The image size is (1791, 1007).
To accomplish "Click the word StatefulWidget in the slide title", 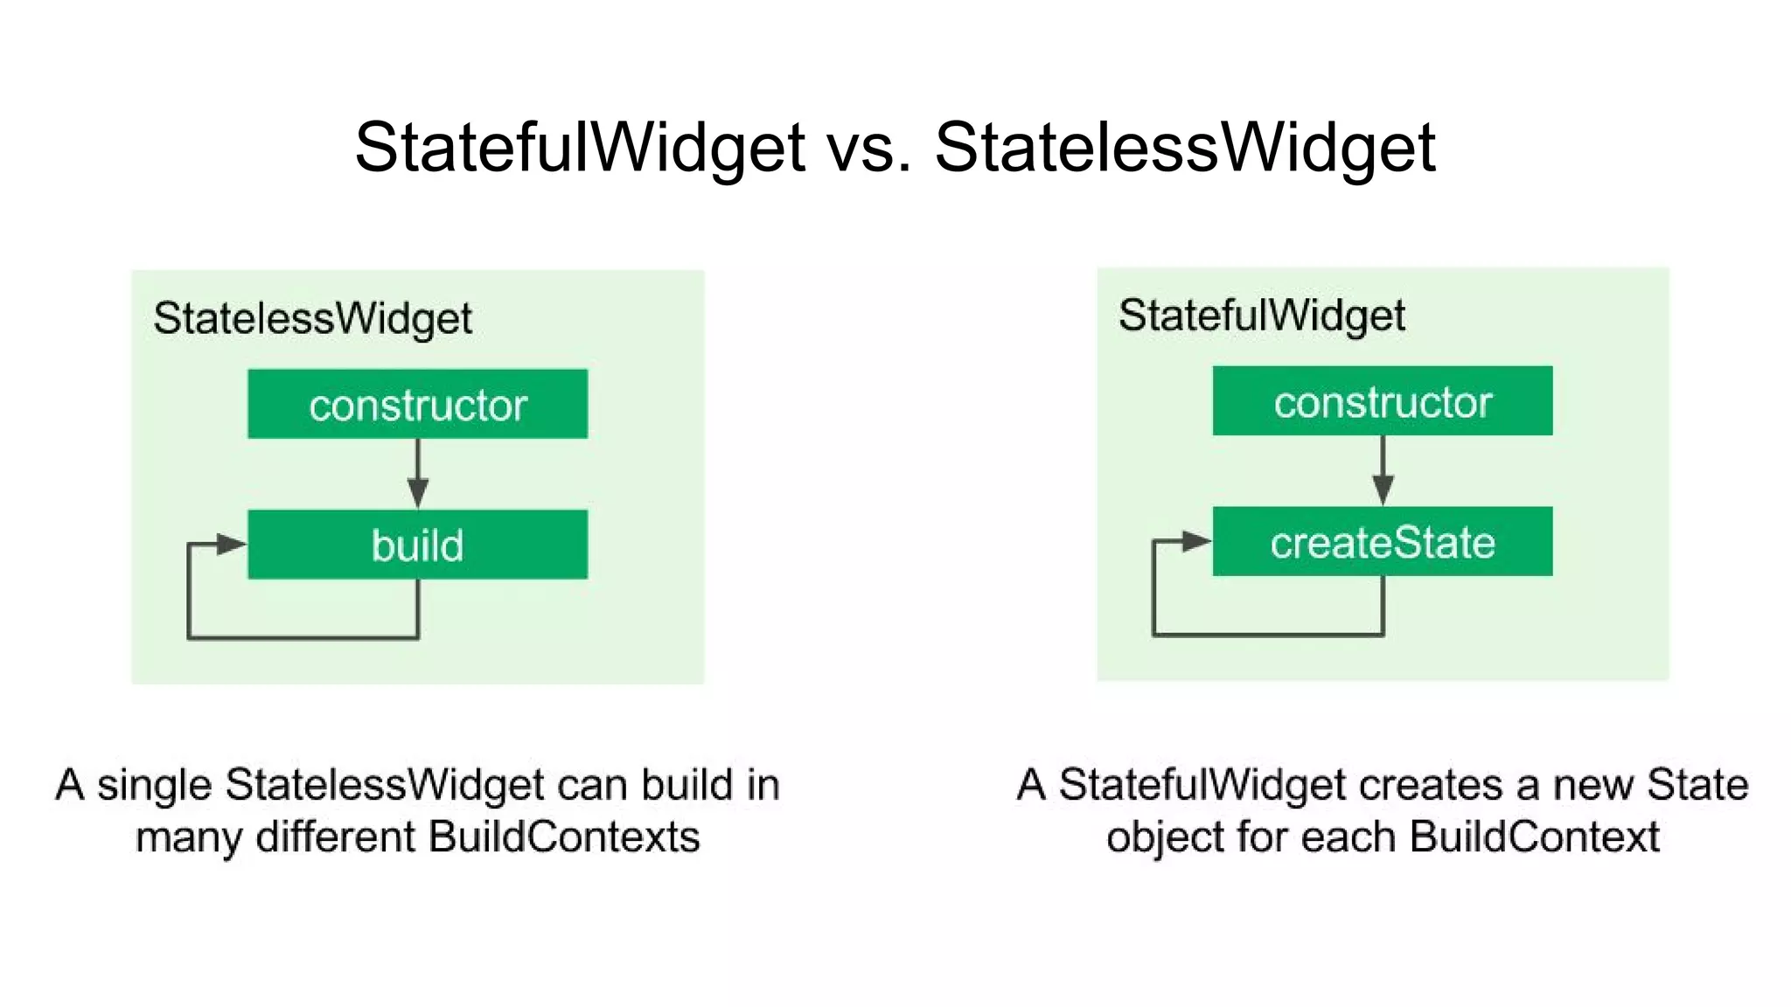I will point(579,147).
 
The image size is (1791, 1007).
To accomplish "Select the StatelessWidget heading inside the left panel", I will point(312,318).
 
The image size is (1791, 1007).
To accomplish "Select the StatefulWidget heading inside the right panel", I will point(1261,316).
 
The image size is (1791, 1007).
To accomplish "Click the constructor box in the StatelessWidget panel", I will point(417,404).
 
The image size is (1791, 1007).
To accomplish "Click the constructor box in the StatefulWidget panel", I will point(1382,401).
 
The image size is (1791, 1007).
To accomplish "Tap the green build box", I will point(417,545).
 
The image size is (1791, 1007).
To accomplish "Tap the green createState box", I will point(1382,542).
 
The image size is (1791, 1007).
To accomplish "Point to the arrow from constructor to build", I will point(417,476).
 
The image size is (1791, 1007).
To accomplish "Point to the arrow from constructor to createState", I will point(1383,473).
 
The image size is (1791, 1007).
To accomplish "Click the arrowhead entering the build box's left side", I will point(232,545).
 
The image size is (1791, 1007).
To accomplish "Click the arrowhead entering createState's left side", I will point(1196,541).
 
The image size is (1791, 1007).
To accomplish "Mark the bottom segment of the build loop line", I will point(303,637).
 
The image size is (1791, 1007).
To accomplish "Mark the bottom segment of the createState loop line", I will point(1268,634).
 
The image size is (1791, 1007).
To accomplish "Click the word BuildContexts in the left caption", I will point(564,837).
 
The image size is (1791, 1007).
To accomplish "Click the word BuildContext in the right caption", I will point(1534,837).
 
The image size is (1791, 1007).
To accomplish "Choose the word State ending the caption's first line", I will point(1697,785).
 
